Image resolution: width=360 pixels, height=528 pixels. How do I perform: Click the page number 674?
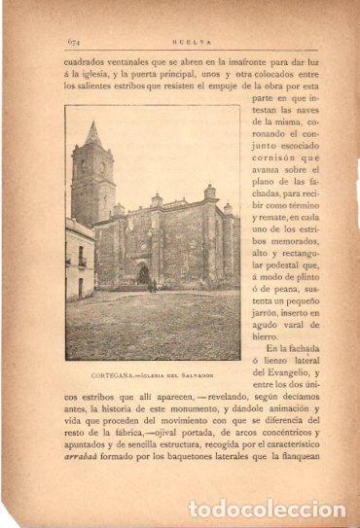73,40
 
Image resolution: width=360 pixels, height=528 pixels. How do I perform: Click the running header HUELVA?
187,40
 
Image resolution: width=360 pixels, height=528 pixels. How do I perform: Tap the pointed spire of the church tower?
91,131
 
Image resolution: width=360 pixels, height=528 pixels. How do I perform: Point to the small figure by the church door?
153,285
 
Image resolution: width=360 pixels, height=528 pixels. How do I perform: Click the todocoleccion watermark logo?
266,510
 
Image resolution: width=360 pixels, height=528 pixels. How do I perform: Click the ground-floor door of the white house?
80,287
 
